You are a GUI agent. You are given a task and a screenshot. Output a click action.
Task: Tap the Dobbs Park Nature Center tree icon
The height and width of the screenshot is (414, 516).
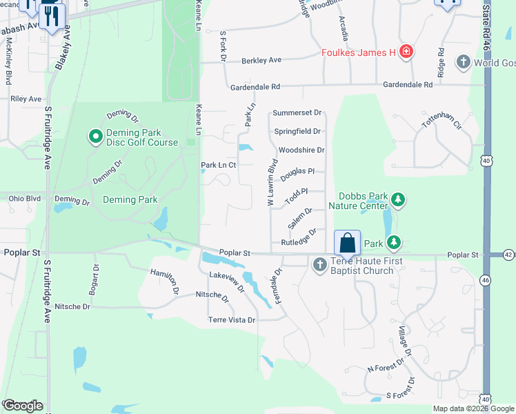[x=397, y=200]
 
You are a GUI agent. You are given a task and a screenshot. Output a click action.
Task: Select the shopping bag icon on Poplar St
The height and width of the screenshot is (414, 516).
[x=348, y=243]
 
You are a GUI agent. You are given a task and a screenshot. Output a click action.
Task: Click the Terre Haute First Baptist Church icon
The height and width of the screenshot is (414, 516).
[x=319, y=264]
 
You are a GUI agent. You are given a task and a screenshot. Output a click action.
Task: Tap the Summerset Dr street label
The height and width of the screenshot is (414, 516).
[x=297, y=112]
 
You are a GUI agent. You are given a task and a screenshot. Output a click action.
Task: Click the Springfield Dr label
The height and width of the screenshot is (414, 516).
[x=297, y=131]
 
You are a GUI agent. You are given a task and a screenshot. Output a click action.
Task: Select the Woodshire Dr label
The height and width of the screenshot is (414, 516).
[x=301, y=150]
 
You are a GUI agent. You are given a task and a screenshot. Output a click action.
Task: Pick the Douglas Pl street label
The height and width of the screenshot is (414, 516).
[x=297, y=171]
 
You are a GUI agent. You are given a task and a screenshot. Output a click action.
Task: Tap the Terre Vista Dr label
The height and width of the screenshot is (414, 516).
[x=232, y=320]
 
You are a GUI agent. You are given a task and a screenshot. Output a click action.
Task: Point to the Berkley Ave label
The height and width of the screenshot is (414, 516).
[x=261, y=61]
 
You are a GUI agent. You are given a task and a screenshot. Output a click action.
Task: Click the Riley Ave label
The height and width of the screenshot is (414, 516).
[x=26, y=99]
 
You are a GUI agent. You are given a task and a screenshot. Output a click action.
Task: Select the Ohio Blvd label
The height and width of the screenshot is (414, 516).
[x=25, y=199]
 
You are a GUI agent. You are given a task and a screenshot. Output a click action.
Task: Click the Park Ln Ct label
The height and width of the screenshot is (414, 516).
[x=218, y=166]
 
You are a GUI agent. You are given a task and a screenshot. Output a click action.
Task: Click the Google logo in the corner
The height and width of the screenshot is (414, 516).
[x=22, y=406]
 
